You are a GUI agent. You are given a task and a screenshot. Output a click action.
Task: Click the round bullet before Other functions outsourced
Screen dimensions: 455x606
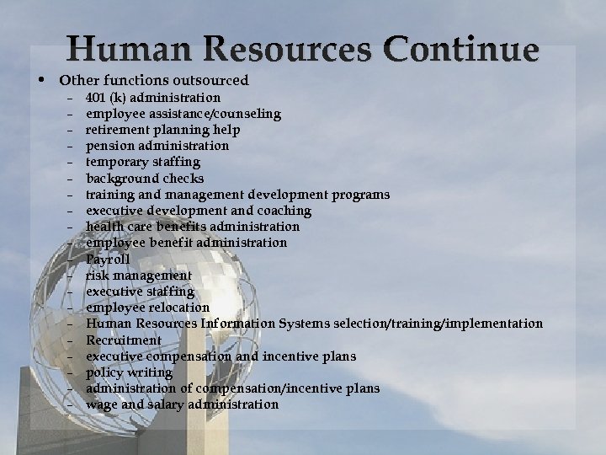(41, 81)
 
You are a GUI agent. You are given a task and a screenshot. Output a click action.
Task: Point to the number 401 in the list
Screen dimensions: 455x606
(96, 98)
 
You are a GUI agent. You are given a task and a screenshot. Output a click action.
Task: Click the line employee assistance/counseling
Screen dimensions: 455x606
(183, 114)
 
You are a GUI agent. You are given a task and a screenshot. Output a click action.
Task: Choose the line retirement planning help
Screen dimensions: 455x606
(162, 130)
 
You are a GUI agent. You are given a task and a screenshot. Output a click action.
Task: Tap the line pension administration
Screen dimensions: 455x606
(157, 146)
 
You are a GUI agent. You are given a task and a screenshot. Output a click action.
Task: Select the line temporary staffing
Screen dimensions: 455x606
(142, 162)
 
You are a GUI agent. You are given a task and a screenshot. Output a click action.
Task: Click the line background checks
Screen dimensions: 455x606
(144, 179)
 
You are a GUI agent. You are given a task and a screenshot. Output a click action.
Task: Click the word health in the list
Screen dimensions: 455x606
(104, 227)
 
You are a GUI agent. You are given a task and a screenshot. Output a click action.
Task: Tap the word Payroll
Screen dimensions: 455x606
(108, 260)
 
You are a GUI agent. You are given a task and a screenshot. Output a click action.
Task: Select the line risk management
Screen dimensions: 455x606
(138, 276)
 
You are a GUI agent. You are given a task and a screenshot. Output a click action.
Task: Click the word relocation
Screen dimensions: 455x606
(178, 308)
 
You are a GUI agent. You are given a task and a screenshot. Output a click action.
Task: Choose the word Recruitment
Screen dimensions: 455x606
(123, 340)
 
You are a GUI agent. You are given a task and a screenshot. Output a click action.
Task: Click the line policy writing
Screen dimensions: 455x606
(129, 372)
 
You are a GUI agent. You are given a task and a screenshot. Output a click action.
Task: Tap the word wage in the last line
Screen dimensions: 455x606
(101, 404)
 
